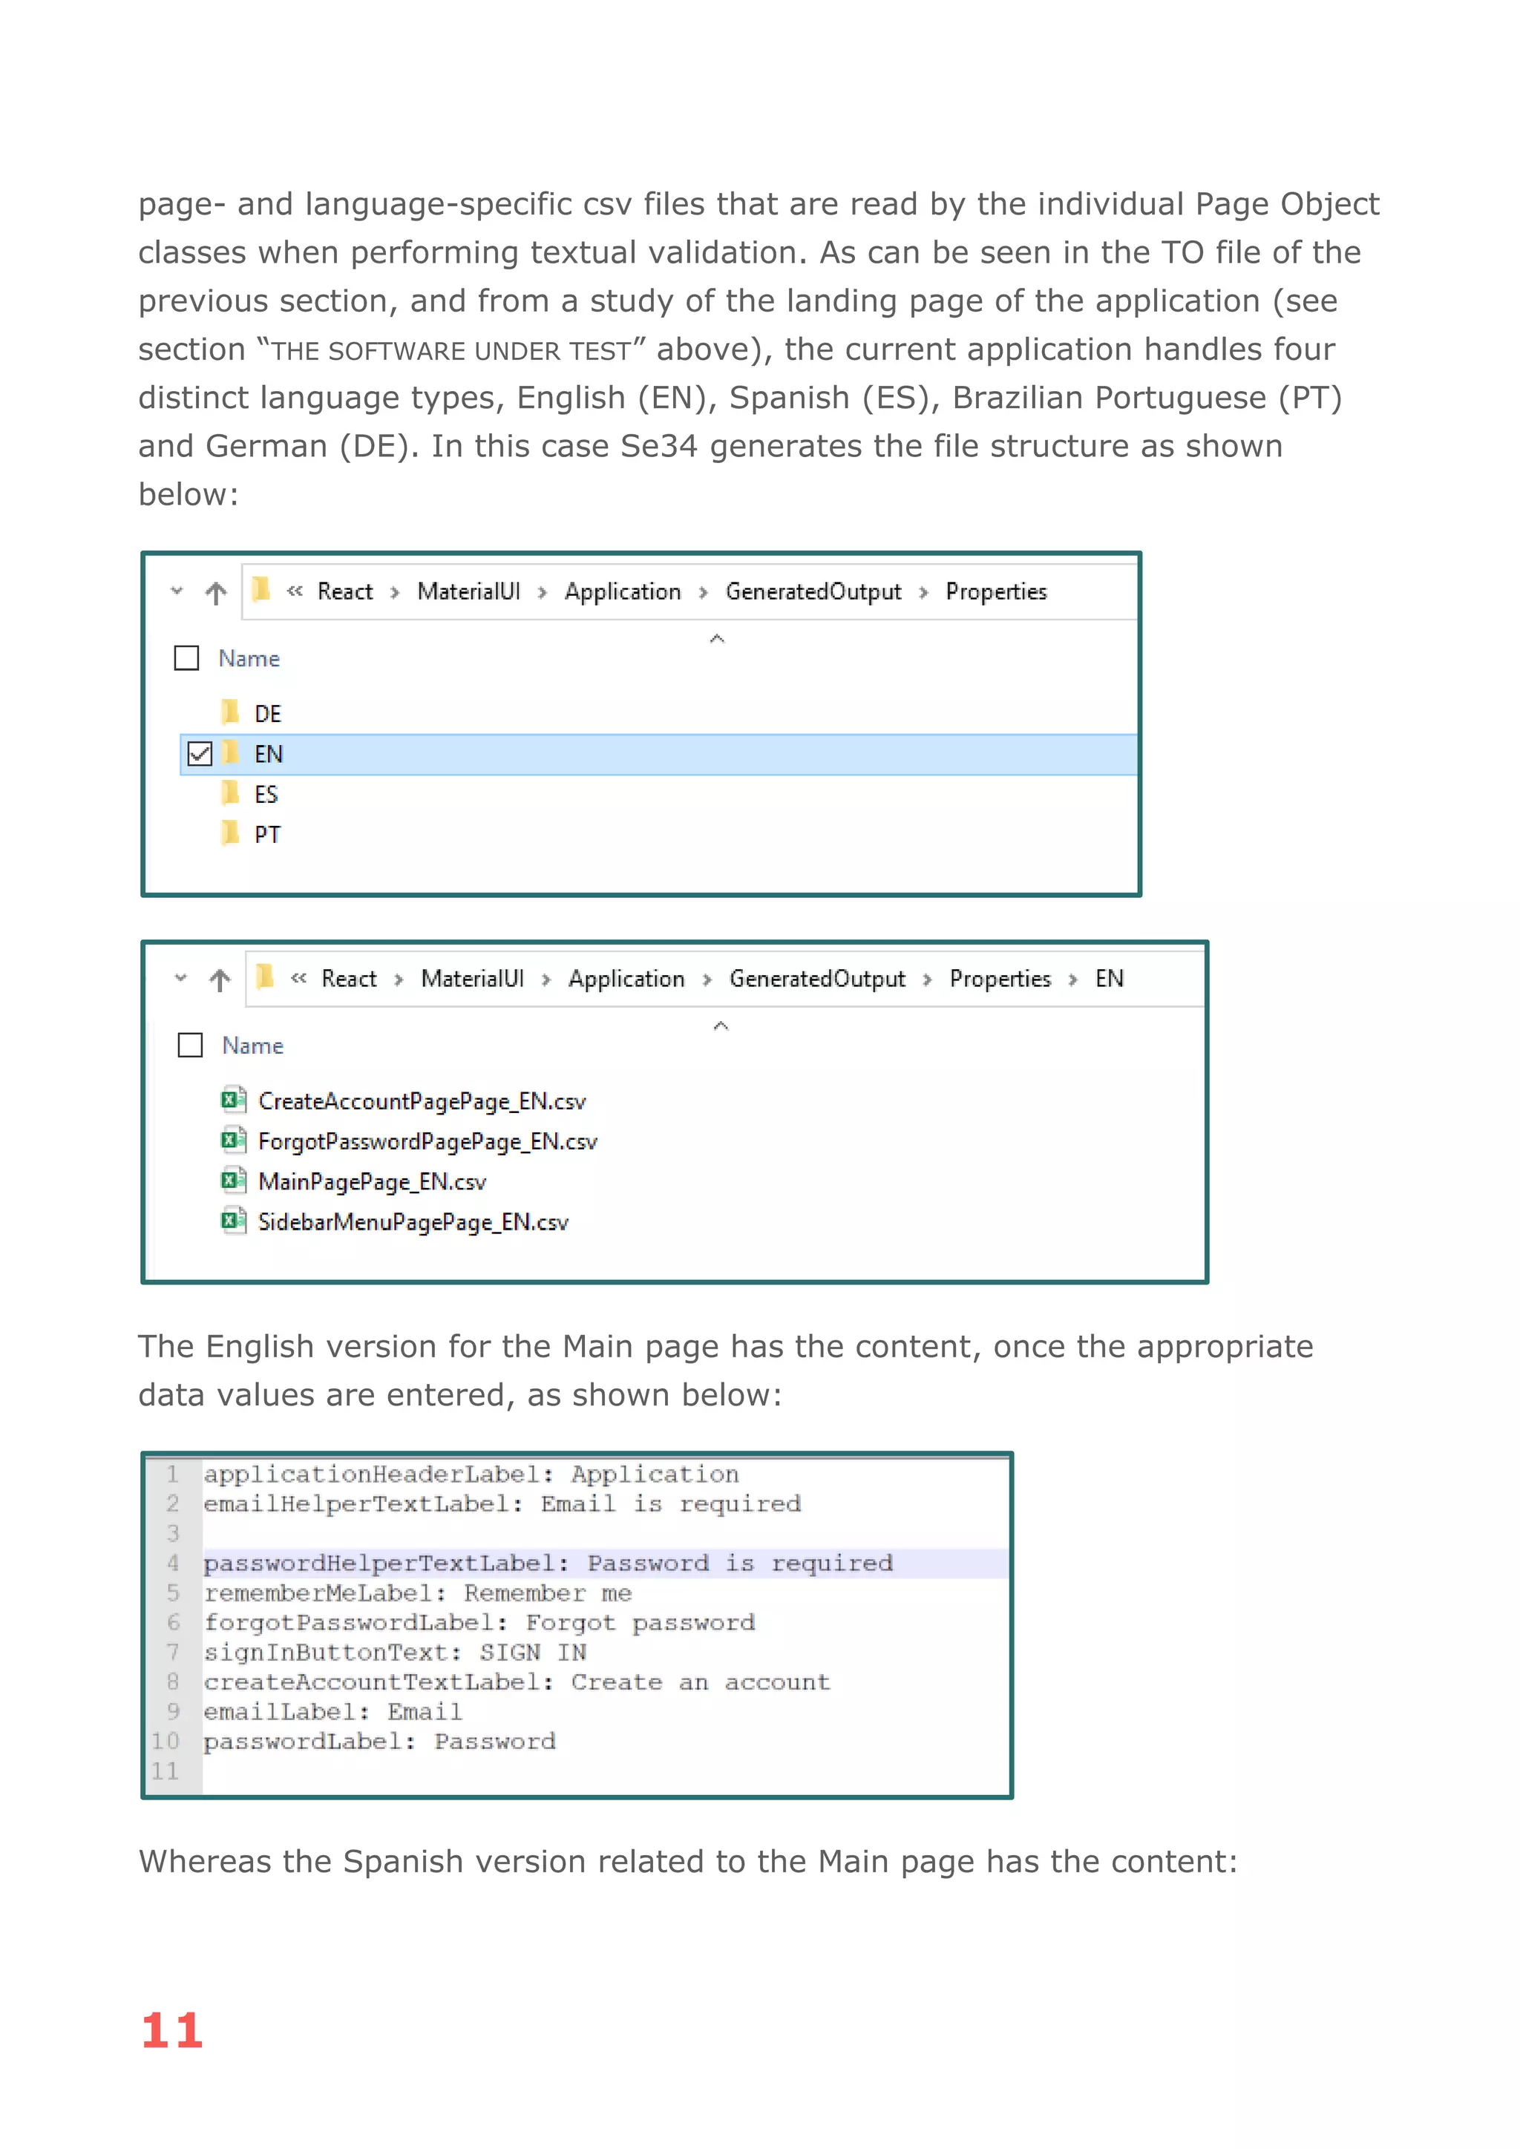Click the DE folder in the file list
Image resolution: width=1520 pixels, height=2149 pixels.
266,714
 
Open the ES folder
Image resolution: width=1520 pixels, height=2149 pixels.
266,795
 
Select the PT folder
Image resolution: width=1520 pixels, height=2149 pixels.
266,835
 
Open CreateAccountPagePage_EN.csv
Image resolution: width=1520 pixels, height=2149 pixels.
421,1102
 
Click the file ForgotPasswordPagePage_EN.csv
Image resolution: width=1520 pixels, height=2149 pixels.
427,1142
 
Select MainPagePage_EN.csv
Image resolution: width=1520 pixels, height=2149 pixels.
372,1182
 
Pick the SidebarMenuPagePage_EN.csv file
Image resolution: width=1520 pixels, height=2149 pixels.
413,1222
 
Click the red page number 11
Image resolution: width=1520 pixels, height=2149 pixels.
172,2030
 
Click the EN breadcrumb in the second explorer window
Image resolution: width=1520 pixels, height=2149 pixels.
1109,979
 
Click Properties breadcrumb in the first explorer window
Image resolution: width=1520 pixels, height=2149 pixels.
996,591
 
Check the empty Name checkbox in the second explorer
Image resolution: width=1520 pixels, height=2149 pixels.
190,1045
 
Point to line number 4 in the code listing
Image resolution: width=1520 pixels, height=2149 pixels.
173,1563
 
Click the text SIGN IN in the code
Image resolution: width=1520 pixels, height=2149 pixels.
533,1653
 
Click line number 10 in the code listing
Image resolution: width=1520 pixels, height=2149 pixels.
166,1742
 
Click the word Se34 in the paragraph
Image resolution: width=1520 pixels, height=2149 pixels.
659,447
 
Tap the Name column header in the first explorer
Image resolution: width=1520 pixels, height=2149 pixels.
249,659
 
